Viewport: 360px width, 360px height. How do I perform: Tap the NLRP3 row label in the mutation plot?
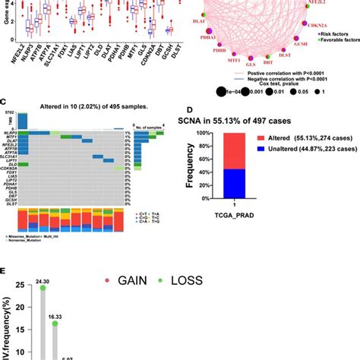pyautogui.click(x=10, y=132)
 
